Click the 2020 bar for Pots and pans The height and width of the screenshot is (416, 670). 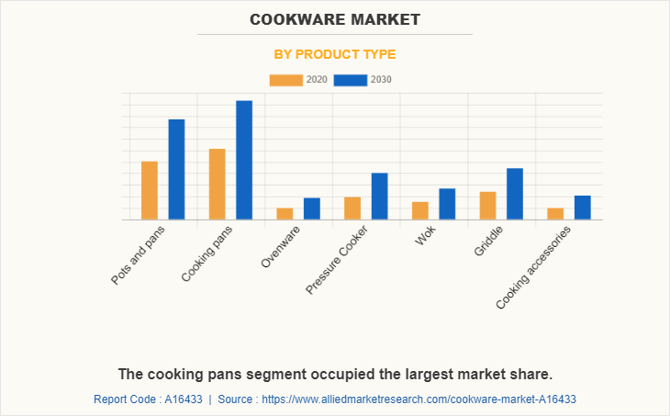tap(150, 190)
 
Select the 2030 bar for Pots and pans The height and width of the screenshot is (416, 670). tap(176, 169)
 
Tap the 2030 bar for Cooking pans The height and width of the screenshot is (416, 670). tap(244, 160)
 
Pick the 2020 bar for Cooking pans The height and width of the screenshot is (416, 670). tap(218, 184)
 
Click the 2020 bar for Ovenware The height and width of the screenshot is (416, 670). tap(285, 214)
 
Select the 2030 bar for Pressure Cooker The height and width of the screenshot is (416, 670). tap(379, 196)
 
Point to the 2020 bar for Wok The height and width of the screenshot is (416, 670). tap(420, 210)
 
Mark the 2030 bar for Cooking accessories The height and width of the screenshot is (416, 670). tap(583, 208)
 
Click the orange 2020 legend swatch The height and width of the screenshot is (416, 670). tap(285, 80)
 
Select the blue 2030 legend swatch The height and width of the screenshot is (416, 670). tap(350, 80)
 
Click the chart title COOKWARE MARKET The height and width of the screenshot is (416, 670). tap(335, 18)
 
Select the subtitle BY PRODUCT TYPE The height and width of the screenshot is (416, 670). tap(335, 54)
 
